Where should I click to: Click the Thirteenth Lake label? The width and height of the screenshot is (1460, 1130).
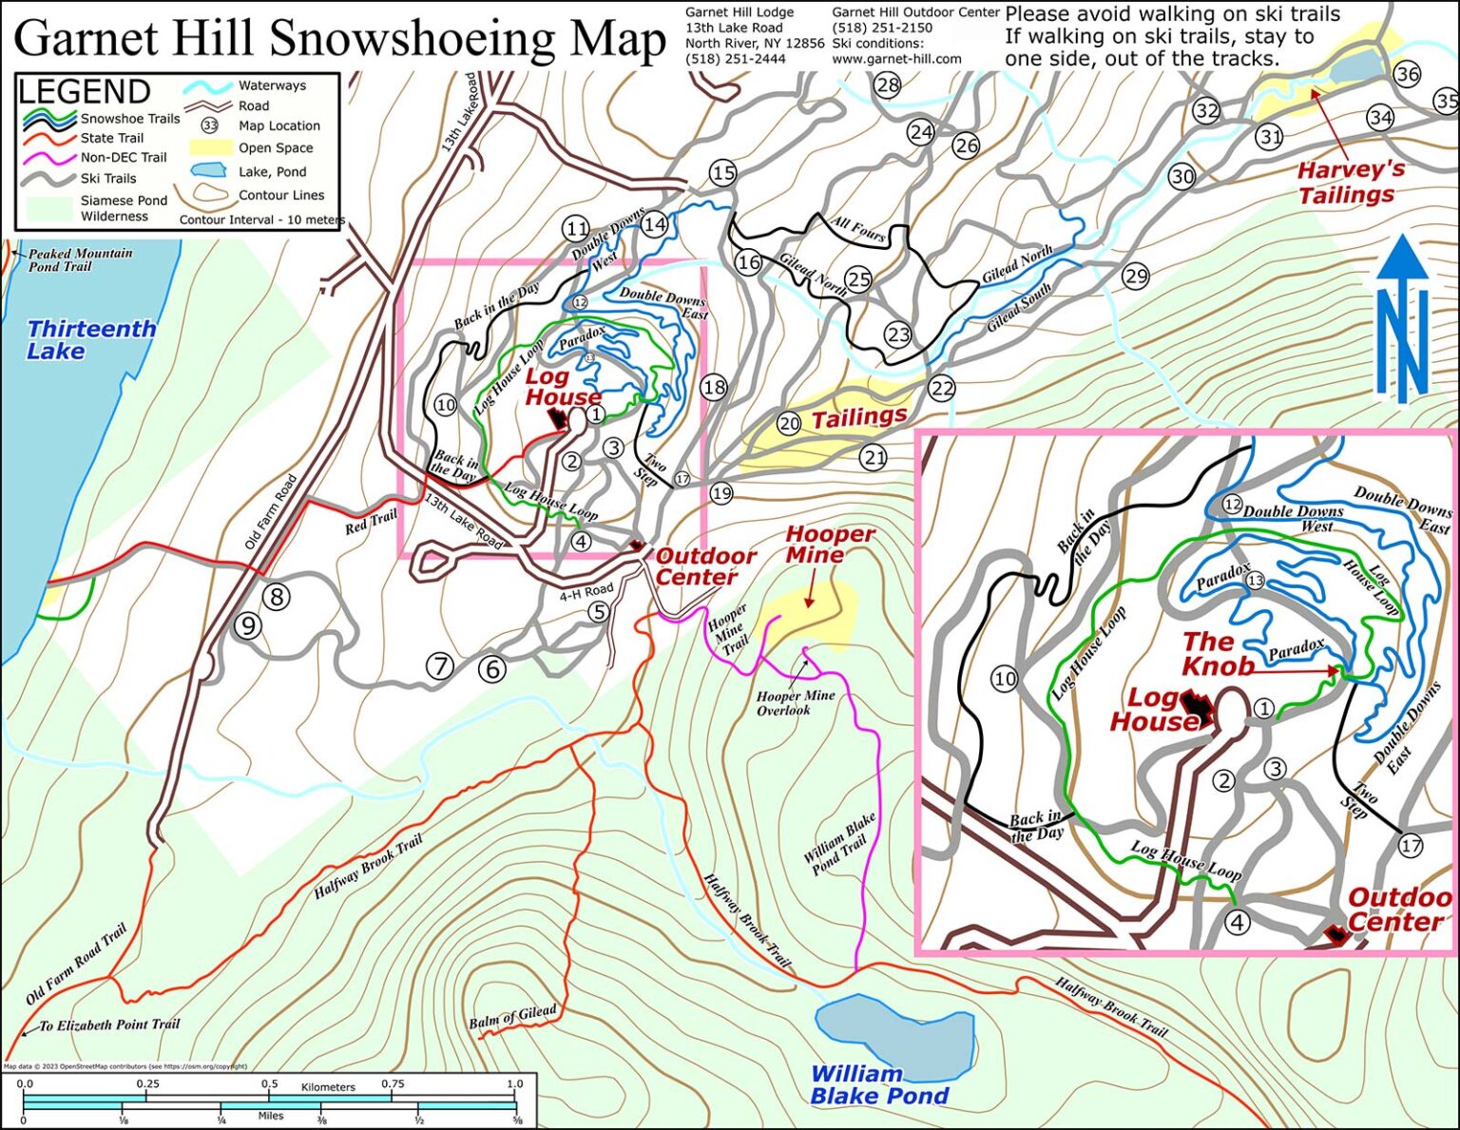(91, 340)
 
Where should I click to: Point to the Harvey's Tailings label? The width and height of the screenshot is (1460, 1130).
(1345, 182)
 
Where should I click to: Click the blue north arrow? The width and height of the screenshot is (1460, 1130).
(1403, 318)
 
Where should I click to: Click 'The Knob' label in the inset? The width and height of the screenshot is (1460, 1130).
(1218, 655)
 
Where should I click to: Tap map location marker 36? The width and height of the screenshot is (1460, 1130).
(1407, 73)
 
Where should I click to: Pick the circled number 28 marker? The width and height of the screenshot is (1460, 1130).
(887, 86)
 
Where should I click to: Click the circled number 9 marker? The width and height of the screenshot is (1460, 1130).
(248, 625)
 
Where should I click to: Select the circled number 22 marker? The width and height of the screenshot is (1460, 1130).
(941, 388)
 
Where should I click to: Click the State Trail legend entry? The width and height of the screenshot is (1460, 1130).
(111, 138)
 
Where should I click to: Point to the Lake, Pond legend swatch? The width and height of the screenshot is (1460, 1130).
(208, 171)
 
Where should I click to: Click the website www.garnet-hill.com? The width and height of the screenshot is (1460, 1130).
(896, 59)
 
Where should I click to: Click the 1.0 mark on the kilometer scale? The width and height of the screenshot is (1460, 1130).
(514, 1083)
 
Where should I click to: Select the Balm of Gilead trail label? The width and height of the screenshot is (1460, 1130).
(512, 1016)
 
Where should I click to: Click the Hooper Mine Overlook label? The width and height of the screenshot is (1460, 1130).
(795, 702)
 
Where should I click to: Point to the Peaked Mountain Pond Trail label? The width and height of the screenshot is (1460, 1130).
(80, 259)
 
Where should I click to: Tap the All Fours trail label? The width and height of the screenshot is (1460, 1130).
(858, 229)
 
